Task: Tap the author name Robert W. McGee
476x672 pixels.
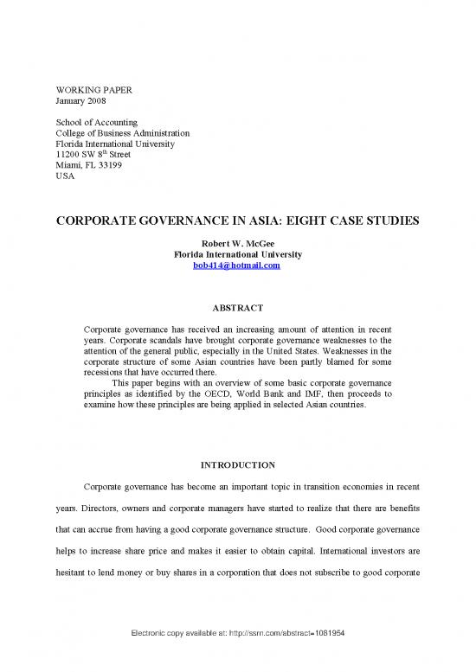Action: click(237, 244)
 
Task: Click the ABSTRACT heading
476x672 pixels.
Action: click(237, 305)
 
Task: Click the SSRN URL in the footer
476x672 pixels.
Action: click(237, 656)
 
